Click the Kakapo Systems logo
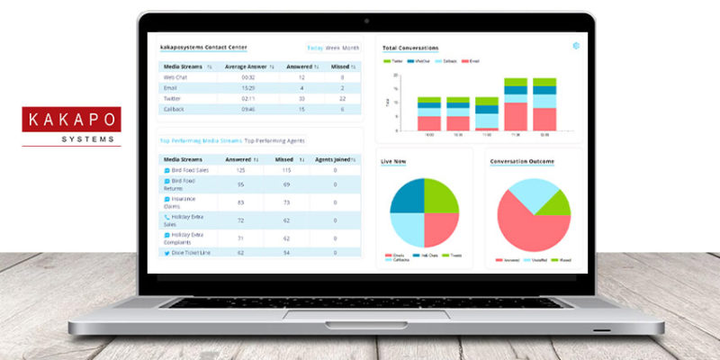coord(71,126)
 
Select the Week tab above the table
coord(332,48)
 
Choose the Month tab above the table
coord(351,48)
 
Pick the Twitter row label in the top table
coord(175,98)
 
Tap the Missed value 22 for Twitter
coord(342,98)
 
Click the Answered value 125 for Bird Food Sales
coord(240,169)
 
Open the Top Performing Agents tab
coord(274,140)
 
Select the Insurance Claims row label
coord(184,202)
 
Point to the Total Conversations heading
coord(410,48)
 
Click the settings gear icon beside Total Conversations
coord(575,46)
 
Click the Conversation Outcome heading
coord(522,162)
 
